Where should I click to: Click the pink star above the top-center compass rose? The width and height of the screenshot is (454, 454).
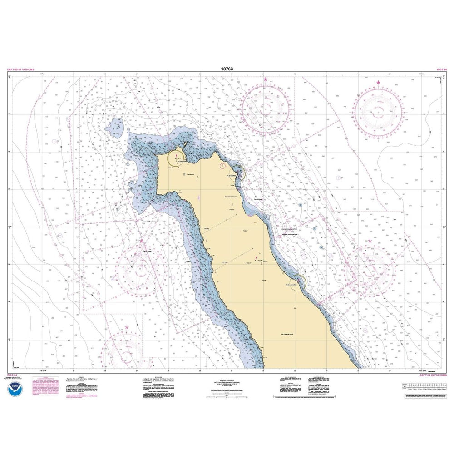266,79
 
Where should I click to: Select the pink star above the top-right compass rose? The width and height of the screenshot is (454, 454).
378,83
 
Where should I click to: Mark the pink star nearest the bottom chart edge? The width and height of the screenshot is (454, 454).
127,327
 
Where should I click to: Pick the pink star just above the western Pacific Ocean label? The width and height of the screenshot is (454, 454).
141,241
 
